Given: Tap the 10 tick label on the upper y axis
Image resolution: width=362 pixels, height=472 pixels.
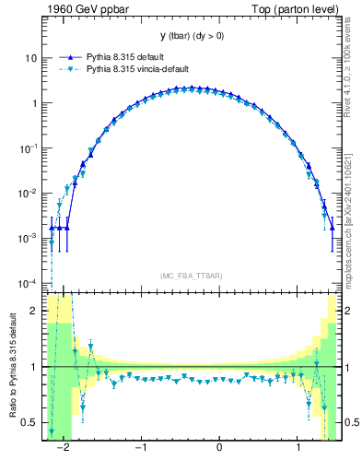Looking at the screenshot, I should (x=29, y=57).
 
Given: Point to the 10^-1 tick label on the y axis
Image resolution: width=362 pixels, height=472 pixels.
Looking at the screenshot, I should (x=27, y=147).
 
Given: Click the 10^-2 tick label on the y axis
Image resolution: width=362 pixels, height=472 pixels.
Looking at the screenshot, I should (x=27, y=193).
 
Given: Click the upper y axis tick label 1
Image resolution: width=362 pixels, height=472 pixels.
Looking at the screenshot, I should (x=32, y=102).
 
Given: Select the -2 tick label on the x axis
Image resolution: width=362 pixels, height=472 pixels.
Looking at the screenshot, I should (x=64, y=448).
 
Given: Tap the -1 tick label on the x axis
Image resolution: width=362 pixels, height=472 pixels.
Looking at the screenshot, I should (x=141, y=448).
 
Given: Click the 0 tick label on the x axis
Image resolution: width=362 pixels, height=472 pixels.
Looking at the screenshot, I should (x=219, y=448).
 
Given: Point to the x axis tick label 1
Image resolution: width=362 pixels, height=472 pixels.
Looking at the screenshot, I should (x=298, y=448).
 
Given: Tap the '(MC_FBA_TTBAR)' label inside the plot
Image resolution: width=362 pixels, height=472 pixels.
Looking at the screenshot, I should (x=192, y=277).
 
